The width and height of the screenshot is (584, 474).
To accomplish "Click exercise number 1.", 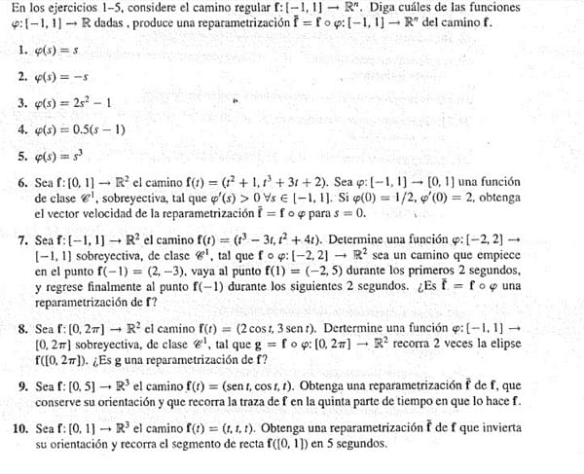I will click(22, 48).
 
